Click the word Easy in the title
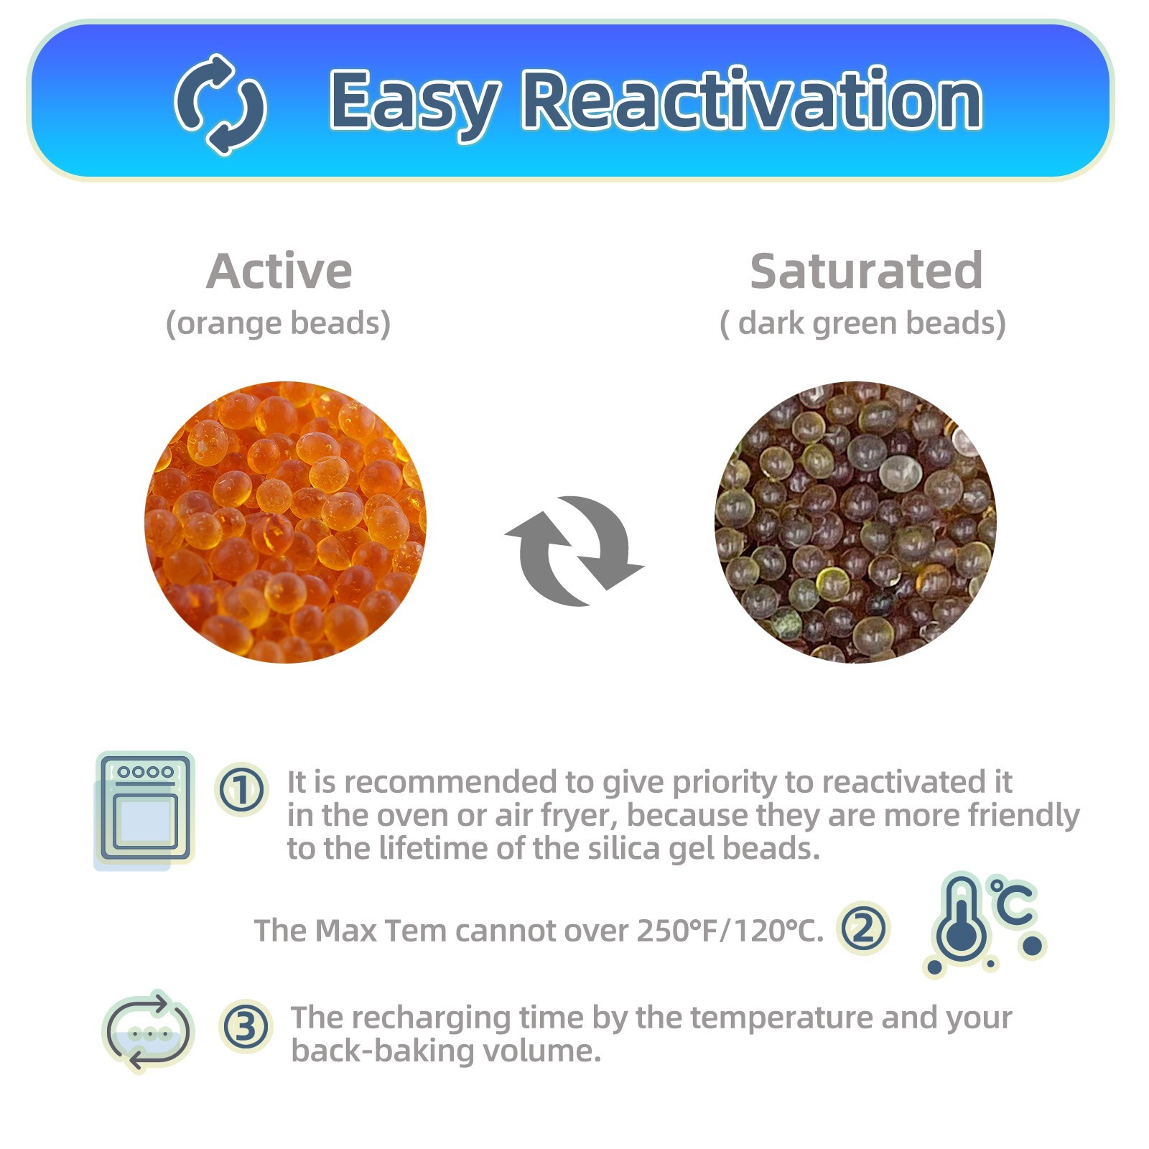tap(414, 101)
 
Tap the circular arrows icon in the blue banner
tap(220, 105)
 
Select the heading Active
tap(279, 271)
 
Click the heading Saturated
tap(866, 271)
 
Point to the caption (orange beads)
tap(278, 323)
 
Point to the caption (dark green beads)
tap(862, 323)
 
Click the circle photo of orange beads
tap(285, 522)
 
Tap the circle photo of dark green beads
tap(855, 522)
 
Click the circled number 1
tap(242, 789)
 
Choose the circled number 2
tap(863, 928)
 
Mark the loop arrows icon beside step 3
tap(148, 1031)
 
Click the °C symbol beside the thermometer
tap(1013, 901)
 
